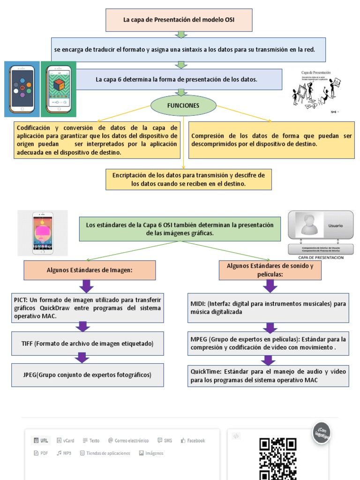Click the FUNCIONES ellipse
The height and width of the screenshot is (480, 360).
(x=183, y=105)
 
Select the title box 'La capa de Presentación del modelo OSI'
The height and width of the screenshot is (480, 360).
(x=179, y=20)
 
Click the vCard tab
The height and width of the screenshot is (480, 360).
(x=66, y=441)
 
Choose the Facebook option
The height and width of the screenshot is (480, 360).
(x=193, y=441)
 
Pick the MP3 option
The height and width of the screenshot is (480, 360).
(x=64, y=453)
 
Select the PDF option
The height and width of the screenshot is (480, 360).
(x=41, y=453)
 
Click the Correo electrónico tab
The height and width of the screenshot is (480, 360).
(x=128, y=441)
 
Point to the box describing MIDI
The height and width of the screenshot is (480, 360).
(x=268, y=307)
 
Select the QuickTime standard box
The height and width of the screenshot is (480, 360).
(x=268, y=375)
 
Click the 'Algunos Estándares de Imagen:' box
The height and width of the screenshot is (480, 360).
(x=90, y=270)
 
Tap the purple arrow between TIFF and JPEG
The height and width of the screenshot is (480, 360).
(x=82, y=358)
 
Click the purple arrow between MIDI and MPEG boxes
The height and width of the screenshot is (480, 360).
(x=270, y=328)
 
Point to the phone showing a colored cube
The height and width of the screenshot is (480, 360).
(x=59, y=89)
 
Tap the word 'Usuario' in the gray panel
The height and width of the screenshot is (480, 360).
(x=335, y=225)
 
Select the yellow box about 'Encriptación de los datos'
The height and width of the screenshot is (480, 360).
(x=188, y=180)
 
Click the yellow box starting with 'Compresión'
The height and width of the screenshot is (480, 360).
(x=271, y=140)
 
